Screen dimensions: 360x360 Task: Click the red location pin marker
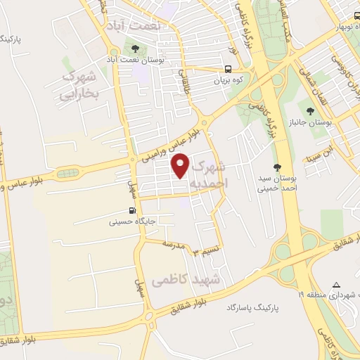(x=181, y=166)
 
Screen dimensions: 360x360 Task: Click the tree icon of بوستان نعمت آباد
(x=135, y=49)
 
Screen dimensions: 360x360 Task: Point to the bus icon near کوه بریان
(x=229, y=69)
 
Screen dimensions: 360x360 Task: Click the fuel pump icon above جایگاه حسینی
(x=131, y=210)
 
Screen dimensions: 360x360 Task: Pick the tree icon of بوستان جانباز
(x=310, y=110)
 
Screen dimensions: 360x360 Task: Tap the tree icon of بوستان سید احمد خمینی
(x=277, y=167)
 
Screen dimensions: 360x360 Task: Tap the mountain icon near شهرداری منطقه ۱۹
(x=336, y=285)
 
